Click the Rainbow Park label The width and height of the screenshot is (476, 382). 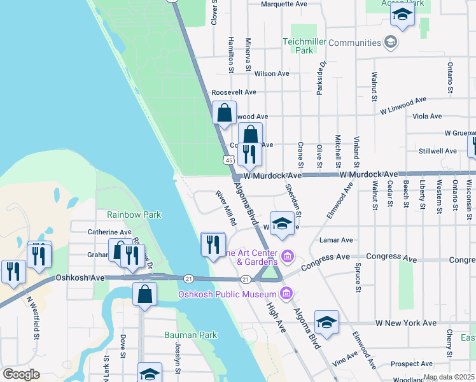tap(134, 215)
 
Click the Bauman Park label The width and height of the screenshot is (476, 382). tap(190, 335)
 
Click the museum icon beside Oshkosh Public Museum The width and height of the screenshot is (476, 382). tap(286, 294)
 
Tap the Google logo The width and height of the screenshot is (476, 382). tap(21, 374)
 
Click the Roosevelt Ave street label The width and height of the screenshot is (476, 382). tap(234, 92)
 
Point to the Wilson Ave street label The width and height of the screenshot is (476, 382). tap(271, 74)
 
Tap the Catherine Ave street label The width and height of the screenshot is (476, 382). tap(109, 232)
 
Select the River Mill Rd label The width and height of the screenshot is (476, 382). tap(226, 208)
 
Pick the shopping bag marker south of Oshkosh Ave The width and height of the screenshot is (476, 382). tap(144, 295)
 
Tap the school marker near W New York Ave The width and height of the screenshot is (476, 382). tap(326, 322)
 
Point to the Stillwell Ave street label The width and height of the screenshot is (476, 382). tap(438, 152)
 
